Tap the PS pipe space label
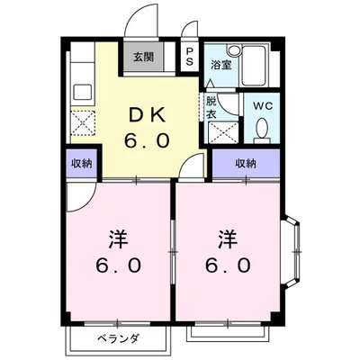(x=190, y=56)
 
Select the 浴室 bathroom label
(x=220, y=65)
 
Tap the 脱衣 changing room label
(x=211, y=107)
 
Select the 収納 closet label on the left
(x=81, y=164)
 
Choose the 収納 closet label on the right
(x=246, y=164)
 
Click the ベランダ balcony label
(x=117, y=338)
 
